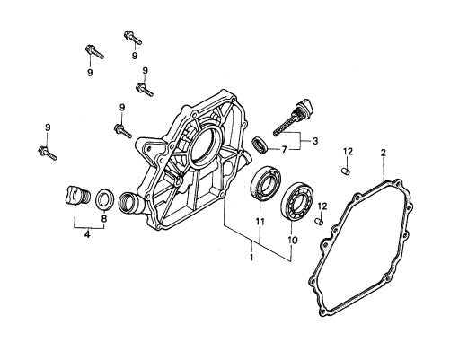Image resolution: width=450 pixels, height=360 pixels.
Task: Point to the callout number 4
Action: click(x=86, y=236)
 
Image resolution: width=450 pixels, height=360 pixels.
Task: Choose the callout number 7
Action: click(x=283, y=148)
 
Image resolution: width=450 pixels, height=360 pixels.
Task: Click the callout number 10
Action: click(x=290, y=241)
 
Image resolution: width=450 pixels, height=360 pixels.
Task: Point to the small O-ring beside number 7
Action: click(x=260, y=142)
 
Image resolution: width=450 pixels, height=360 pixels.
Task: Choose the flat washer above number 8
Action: click(x=104, y=197)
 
